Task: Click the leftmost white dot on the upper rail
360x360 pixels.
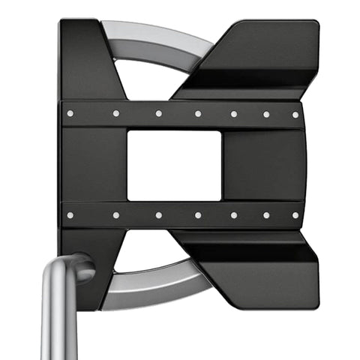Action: (x=70, y=114)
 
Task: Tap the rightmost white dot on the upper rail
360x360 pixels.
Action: (x=295, y=115)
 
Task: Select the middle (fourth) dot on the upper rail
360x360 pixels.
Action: (x=197, y=114)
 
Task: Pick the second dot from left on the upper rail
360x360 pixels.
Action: (x=116, y=114)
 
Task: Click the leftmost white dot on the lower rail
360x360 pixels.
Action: (x=70, y=215)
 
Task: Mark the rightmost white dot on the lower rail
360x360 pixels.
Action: (x=295, y=215)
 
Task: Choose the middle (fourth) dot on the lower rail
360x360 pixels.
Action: (x=197, y=215)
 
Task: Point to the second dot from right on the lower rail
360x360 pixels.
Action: (x=265, y=215)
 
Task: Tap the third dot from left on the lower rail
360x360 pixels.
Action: (x=158, y=215)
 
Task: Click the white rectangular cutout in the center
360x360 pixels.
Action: (x=174, y=165)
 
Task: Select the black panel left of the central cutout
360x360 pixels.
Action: (x=94, y=165)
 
